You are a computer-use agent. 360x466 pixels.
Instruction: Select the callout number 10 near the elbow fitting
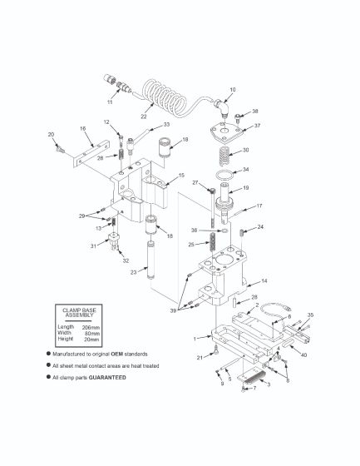pos(232,89)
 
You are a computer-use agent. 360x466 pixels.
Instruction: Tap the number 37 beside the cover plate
pos(257,126)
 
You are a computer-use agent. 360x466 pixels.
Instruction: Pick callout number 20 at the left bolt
pos(52,134)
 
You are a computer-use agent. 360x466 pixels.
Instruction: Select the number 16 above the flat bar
pos(83,129)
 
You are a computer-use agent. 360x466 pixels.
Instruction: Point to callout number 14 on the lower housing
pos(264,281)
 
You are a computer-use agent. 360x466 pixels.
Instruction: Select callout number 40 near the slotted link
pos(304,354)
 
